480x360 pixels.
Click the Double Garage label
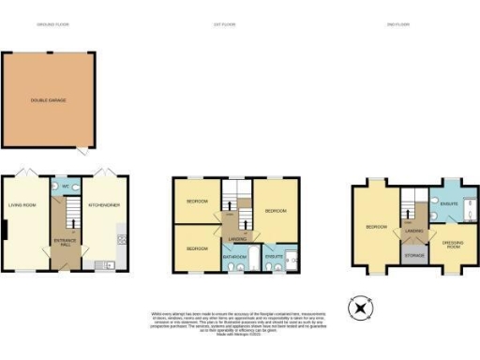[46, 99]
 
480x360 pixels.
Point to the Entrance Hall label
[63, 243]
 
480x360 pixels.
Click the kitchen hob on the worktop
[121, 241]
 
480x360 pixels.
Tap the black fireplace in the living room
[5, 230]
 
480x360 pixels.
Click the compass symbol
[360, 308]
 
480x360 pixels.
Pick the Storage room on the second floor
[413, 254]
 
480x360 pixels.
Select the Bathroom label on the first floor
[233, 256]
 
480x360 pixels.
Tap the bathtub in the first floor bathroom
[233, 266]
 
